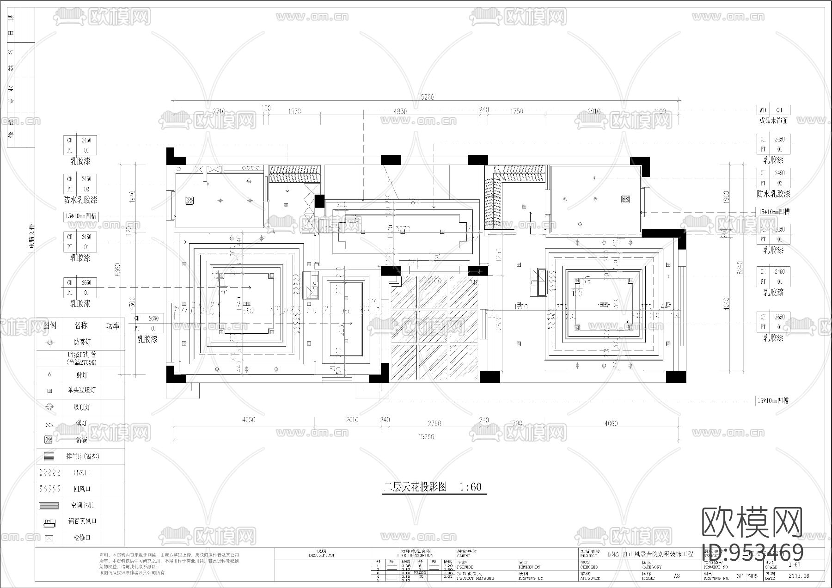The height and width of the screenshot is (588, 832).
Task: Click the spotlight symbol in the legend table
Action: pos(49,375)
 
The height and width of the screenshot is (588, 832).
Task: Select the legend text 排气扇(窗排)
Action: pos(82,456)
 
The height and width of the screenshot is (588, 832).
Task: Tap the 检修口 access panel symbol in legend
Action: pos(49,538)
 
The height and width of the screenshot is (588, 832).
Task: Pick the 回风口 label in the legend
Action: pos(81,489)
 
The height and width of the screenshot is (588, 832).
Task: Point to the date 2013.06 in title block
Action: pos(799,576)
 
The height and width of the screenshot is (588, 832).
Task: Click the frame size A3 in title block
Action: pos(676,576)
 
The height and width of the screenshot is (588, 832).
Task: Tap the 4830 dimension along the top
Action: pos(400,111)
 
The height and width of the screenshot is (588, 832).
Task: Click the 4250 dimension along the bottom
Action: pos(249,420)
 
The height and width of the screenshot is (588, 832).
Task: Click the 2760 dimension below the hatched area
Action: pos(434,423)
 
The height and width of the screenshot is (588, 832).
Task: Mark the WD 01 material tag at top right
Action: pos(773,110)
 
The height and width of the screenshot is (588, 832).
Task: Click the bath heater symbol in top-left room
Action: pos(189,201)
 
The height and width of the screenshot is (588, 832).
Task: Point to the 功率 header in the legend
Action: pos(113,325)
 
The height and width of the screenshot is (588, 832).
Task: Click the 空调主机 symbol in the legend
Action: pos(49,506)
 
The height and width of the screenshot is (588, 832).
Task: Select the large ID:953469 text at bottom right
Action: pos(752,552)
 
